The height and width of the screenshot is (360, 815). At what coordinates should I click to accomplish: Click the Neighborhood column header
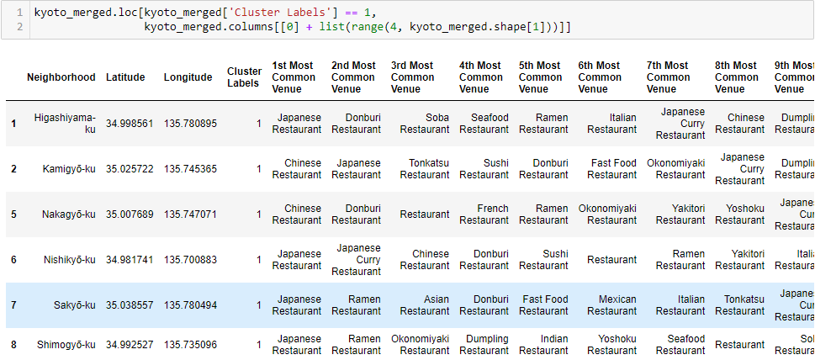[x=61, y=77]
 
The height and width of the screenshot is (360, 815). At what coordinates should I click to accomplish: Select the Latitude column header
[x=125, y=77]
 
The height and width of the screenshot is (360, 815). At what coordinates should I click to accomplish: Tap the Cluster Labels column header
[x=244, y=77]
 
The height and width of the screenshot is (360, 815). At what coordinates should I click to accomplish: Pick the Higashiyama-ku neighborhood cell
[x=65, y=124]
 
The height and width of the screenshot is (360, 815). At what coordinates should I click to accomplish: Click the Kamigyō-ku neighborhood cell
[x=69, y=169]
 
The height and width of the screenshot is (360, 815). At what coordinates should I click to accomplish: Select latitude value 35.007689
[x=130, y=214]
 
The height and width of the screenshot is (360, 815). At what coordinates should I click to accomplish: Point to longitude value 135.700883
[x=190, y=260]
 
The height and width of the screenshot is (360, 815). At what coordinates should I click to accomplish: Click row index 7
[x=13, y=305]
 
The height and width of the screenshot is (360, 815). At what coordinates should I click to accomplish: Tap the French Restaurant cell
[x=484, y=214]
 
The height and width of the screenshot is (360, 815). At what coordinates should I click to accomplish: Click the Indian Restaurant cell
[x=543, y=345]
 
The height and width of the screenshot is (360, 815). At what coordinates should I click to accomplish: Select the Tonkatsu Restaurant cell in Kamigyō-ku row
[x=424, y=169]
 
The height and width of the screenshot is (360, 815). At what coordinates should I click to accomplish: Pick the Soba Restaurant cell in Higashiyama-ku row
[x=424, y=124]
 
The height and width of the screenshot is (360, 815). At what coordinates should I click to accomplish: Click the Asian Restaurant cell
[x=424, y=305]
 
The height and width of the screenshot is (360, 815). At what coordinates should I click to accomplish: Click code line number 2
[x=18, y=28]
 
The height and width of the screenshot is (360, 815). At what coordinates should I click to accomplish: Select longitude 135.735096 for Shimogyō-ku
[x=190, y=345]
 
